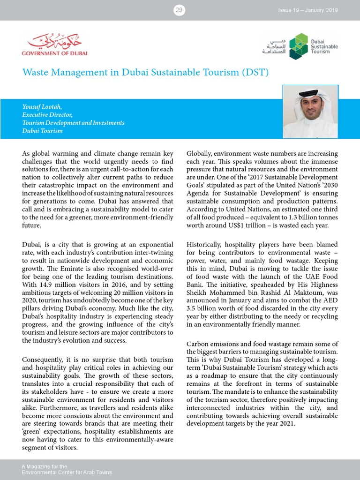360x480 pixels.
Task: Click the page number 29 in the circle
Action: [179, 10]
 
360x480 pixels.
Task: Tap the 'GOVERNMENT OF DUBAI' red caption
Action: [52, 53]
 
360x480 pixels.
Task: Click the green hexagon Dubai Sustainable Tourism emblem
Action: [298, 46]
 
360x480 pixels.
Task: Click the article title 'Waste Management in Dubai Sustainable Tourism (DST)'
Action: [145, 73]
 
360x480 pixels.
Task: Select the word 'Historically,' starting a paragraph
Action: [206, 244]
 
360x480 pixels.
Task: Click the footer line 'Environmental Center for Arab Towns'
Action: [67, 472]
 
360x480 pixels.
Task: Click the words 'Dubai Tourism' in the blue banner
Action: [42, 131]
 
